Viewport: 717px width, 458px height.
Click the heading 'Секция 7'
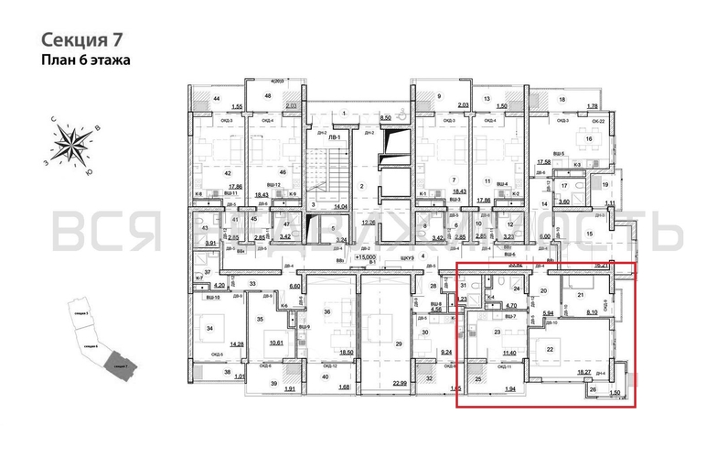coord(81,39)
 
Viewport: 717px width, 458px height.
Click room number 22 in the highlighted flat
coord(576,349)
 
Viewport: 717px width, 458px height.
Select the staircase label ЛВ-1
coord(336,138)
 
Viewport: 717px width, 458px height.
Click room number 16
coord(590,139)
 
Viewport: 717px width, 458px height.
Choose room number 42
coord(203,172)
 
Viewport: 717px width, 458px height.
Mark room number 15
coord(590,234)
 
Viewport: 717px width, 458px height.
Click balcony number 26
coord(593,390)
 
